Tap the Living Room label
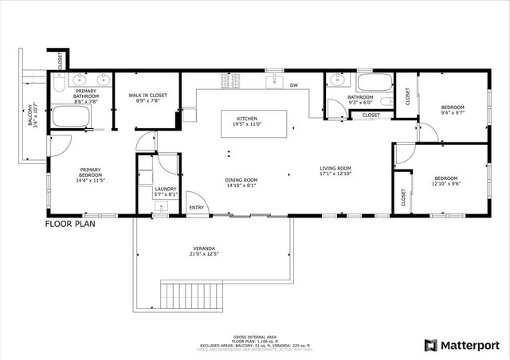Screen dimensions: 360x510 pyautogui.click(x=335, y=171)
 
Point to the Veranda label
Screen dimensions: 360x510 pyautogui.click(x=205, y=251)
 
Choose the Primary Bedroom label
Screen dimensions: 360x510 pyautogui.click(x=89, y=174)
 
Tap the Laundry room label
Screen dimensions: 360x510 pyautogui.click(x=165, y=192)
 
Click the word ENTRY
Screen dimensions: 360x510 pyautogui.click(x=196, y=208)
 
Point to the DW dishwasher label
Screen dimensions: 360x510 pyautogui.click(x=293, y=85)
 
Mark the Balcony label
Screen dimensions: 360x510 pyautogui.click(x=33, y=115)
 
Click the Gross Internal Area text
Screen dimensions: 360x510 pyautogui.click(x=255, y=338)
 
